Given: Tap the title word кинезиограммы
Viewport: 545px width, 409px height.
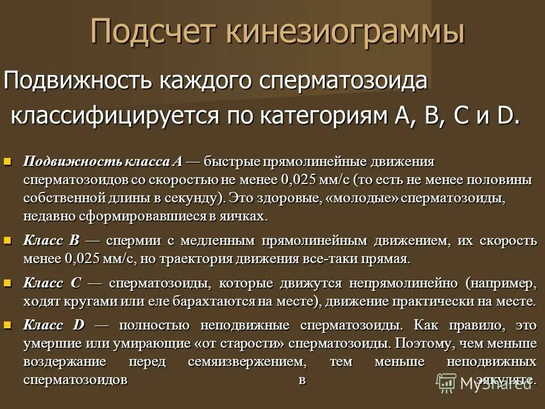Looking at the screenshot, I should point(346,31).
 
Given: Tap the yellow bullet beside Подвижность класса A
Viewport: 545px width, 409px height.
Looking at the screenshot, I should point(7,162).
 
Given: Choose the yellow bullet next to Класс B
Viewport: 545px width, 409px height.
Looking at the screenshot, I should point(7,241).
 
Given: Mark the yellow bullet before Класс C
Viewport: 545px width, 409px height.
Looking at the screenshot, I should point(7,282).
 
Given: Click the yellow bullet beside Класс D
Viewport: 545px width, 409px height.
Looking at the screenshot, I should point(7,325).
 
